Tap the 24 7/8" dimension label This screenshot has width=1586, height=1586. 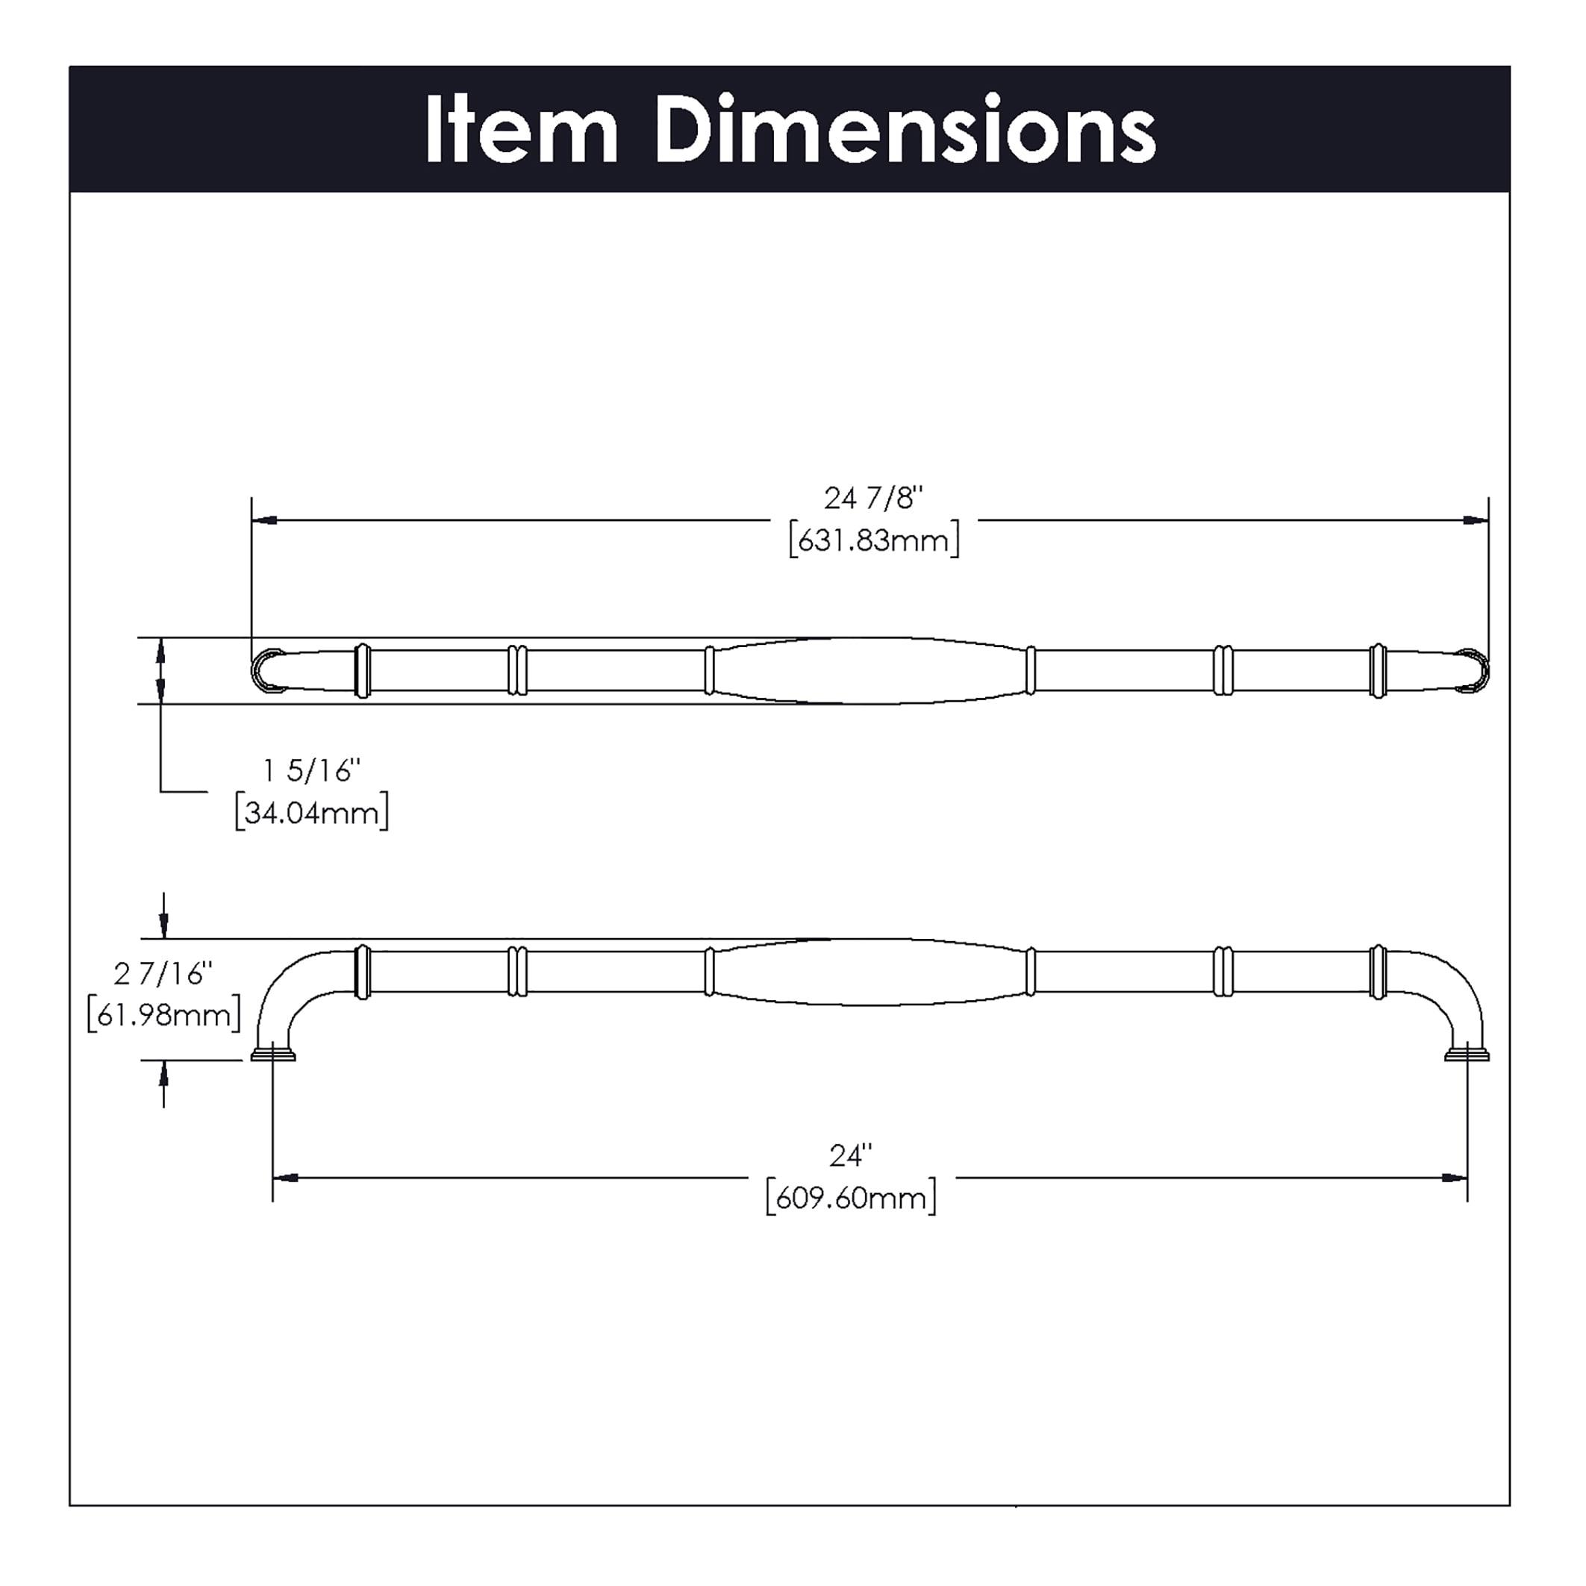tap(873, 499)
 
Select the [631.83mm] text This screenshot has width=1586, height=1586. tap(873, 541)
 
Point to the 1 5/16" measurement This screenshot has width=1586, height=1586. tap(312, 771)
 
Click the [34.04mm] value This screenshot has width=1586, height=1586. tap(312, 814)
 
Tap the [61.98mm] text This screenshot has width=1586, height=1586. tap(163, 1016)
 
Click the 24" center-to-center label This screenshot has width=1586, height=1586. tap(850, 1156)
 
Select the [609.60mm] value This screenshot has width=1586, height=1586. tap(850, 1199)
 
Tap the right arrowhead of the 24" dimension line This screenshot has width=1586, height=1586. tap(1455, 1178)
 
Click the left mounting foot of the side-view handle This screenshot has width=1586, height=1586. tap(273, 1053)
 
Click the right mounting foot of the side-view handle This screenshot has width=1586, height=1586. tap(1467, 1053)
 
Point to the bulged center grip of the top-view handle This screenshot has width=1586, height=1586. tap(870, 671)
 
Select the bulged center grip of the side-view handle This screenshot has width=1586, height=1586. tap(870, 972)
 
